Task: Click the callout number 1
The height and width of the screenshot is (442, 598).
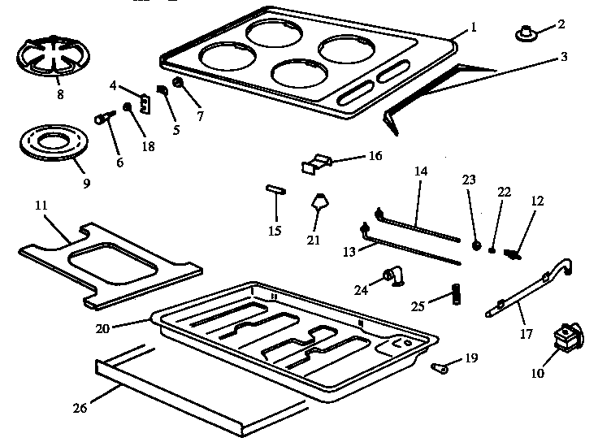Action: pyautogui.click(x=474, y=27)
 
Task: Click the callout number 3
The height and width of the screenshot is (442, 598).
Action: pyautogui.click(x=564, y=57)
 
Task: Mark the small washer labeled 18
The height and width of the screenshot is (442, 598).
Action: pyautogui.click(x=127, y=107)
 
